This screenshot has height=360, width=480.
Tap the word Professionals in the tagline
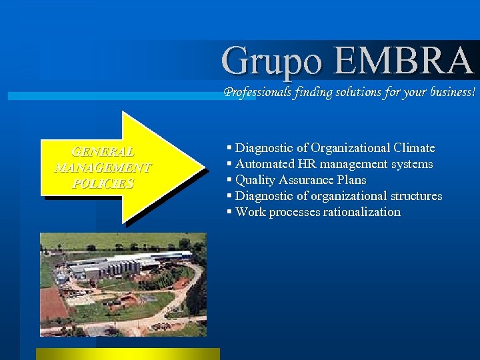tap(257, 92)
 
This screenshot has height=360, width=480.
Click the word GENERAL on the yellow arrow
tap(103, 152)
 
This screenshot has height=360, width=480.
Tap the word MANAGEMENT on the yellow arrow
tap(103, 167)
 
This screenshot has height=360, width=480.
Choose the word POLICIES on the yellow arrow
tap(103, 183)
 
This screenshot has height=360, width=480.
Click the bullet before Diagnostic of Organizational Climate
tap(229, 148)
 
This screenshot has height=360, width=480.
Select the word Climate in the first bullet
tap(413, 148)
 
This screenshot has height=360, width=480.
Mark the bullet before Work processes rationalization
tap(229, 212)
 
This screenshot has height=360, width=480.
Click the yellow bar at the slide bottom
tap(127, 353)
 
